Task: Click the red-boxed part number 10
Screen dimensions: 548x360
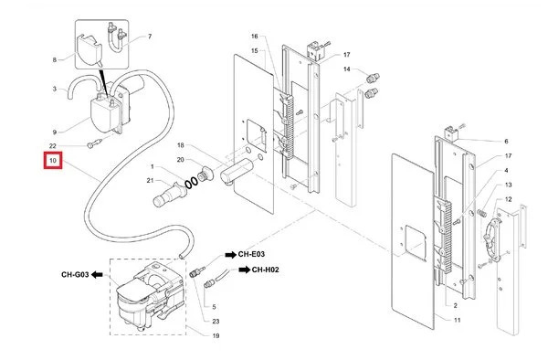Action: [53, 161]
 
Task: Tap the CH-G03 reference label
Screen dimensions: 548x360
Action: [75, 275]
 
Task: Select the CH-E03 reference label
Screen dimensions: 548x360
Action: [251, 254]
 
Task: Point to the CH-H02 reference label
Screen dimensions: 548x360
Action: [266, 270]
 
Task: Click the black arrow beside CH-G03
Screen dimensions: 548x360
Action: [97, 275]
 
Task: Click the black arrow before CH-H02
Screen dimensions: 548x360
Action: [244, 270]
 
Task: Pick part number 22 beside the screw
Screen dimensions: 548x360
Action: [52, 146]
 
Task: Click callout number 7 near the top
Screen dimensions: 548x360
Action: [150, 37]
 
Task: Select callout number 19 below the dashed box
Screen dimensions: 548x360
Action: [216, 336]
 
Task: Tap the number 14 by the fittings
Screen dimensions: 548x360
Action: [347, 69]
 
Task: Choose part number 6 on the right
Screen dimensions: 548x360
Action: [506, 142]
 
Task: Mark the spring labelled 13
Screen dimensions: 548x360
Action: [481, 213]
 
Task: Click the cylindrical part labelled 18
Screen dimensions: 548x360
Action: [237, 170]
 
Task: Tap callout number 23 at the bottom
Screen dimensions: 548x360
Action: [216, 322]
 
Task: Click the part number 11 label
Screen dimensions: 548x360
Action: [458, 320]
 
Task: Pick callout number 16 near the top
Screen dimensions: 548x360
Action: [255, 36]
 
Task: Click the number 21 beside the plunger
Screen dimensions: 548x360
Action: [151, 180]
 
